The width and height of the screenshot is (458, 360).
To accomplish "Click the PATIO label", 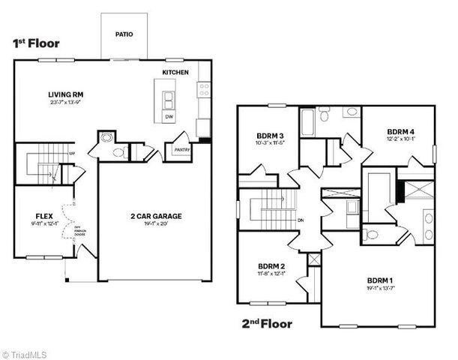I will click(124, 34).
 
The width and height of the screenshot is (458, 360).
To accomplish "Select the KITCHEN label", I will click(175, 72).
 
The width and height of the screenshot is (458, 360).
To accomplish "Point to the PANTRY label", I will click(181, 149).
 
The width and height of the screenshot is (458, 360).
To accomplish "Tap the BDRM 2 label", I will click(271, 266).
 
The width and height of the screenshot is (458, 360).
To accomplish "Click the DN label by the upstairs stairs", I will click(300, 220).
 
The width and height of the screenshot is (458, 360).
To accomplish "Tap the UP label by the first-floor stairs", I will click(72, 154).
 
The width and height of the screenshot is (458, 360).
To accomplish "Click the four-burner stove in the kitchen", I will click(203, 91).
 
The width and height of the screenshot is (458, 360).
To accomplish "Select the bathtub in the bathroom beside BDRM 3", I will click(308, 120).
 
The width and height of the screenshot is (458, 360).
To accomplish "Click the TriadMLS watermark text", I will click(25, 352).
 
